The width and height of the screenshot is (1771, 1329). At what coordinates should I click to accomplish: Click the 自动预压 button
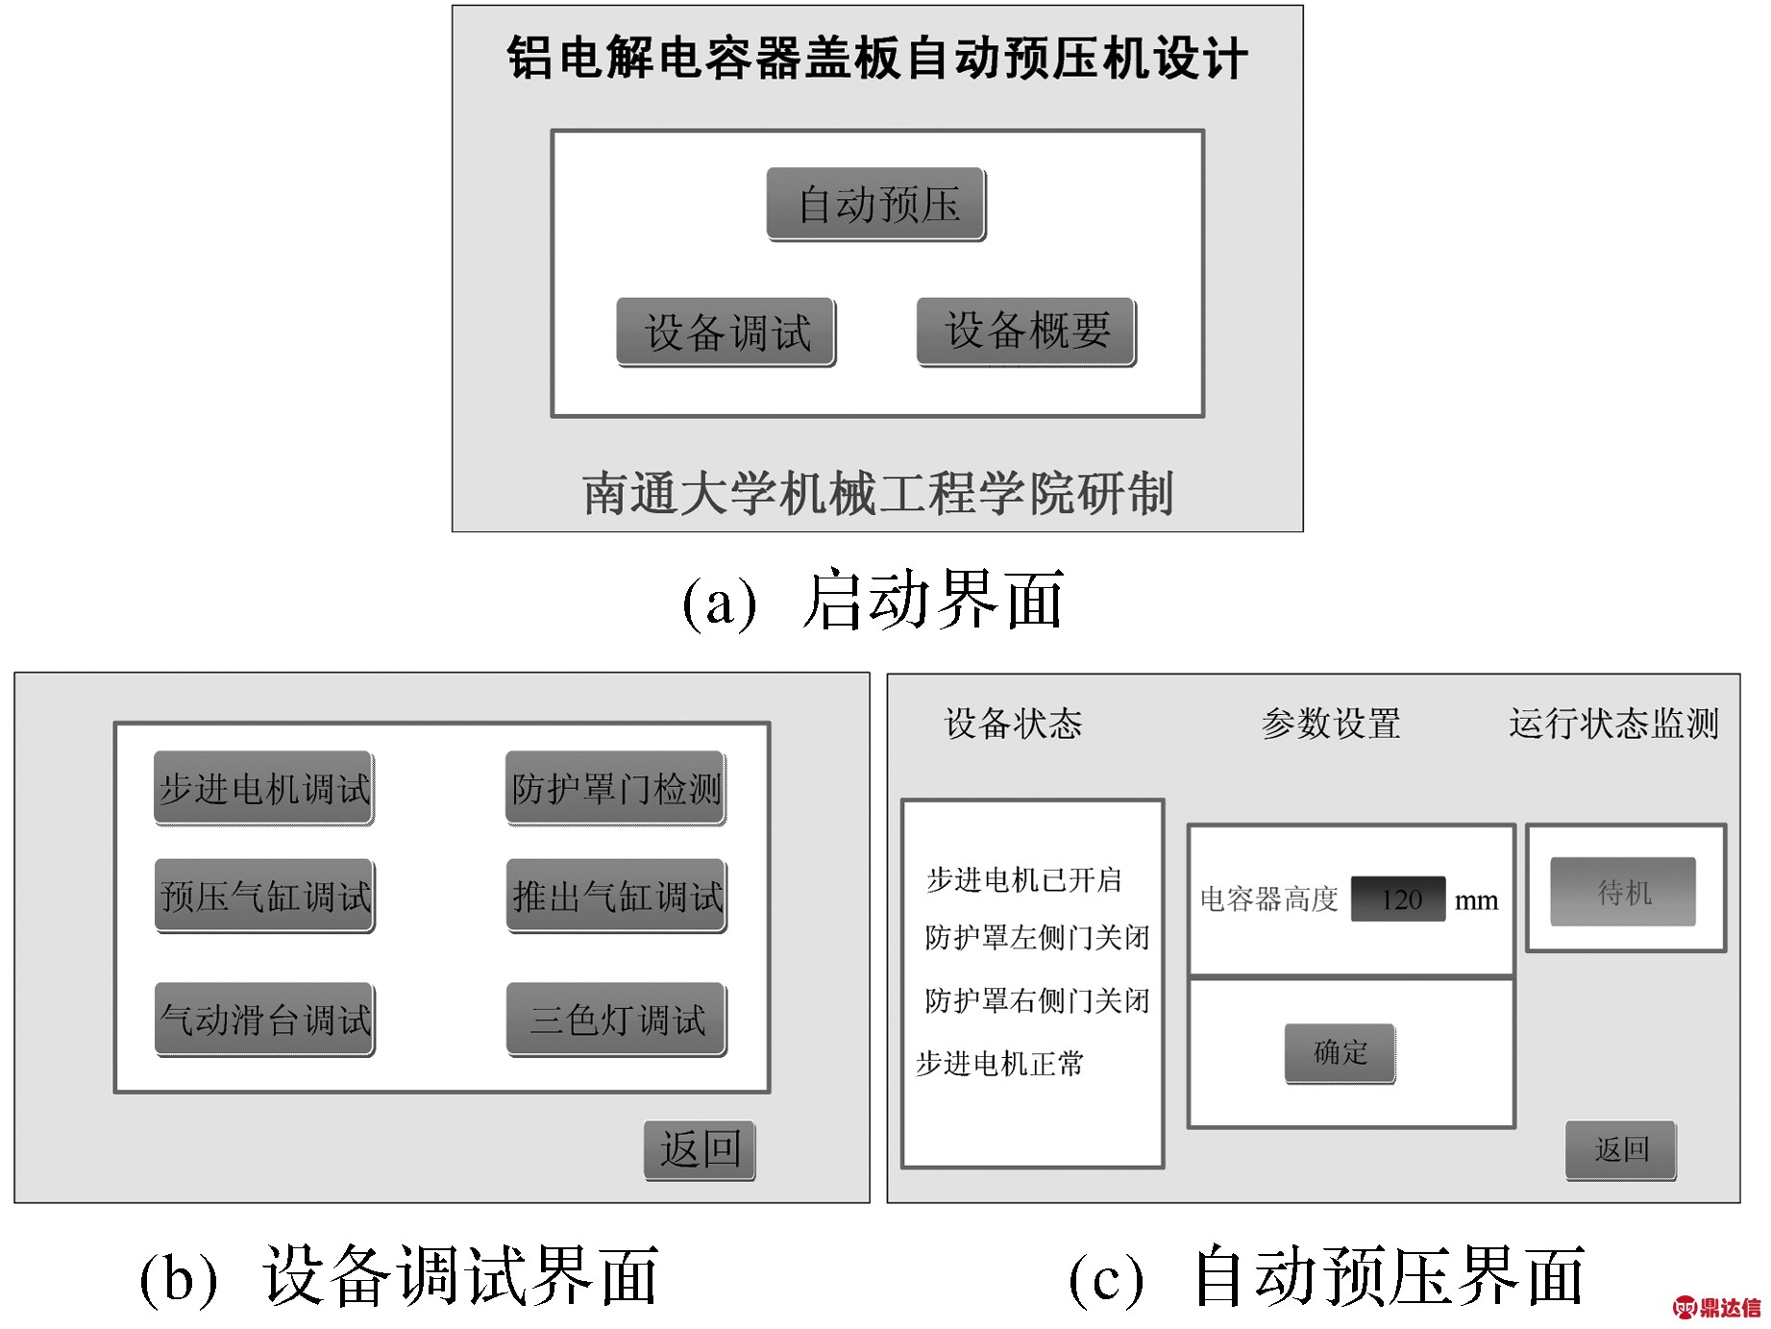(x=876, y=205)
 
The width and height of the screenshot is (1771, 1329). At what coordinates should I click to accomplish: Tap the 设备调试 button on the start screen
(x=726, y=332)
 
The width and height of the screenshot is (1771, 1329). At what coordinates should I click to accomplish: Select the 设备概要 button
(x=1026, y=332)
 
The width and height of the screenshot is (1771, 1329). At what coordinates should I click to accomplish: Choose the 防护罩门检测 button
(x=616, y=789)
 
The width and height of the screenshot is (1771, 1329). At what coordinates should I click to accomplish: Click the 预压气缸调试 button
(x=265, y=897)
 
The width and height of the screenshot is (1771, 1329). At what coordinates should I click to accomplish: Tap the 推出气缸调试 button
(x=617, y=897)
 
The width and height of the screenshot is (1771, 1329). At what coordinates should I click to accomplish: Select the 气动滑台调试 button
(x=265, y=1020)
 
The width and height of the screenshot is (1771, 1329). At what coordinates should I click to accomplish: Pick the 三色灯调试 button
(x=617, y=1020)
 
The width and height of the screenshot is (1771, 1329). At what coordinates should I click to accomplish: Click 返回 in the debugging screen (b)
(x=700, y=1150)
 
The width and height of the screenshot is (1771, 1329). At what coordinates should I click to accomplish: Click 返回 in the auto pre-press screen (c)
(x=1621, y=1150)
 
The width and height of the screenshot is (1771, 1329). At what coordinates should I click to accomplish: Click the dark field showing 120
(x=1398, y=899)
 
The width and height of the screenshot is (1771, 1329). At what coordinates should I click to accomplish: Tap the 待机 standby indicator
(x=1623, y=893)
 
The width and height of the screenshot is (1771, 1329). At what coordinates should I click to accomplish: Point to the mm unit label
(x=1476, y=901)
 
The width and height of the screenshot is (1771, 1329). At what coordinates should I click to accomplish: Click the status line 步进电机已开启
(x=1024, y=879)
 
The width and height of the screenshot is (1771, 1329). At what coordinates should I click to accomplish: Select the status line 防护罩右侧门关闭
(x=1037, y=1000)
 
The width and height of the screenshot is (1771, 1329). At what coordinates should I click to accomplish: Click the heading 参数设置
(x=1331, y=724)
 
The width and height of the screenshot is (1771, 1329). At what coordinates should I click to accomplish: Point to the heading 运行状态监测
(x=1613, y=724)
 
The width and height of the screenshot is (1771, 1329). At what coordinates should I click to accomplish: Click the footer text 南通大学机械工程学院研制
(x=877, y=494)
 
